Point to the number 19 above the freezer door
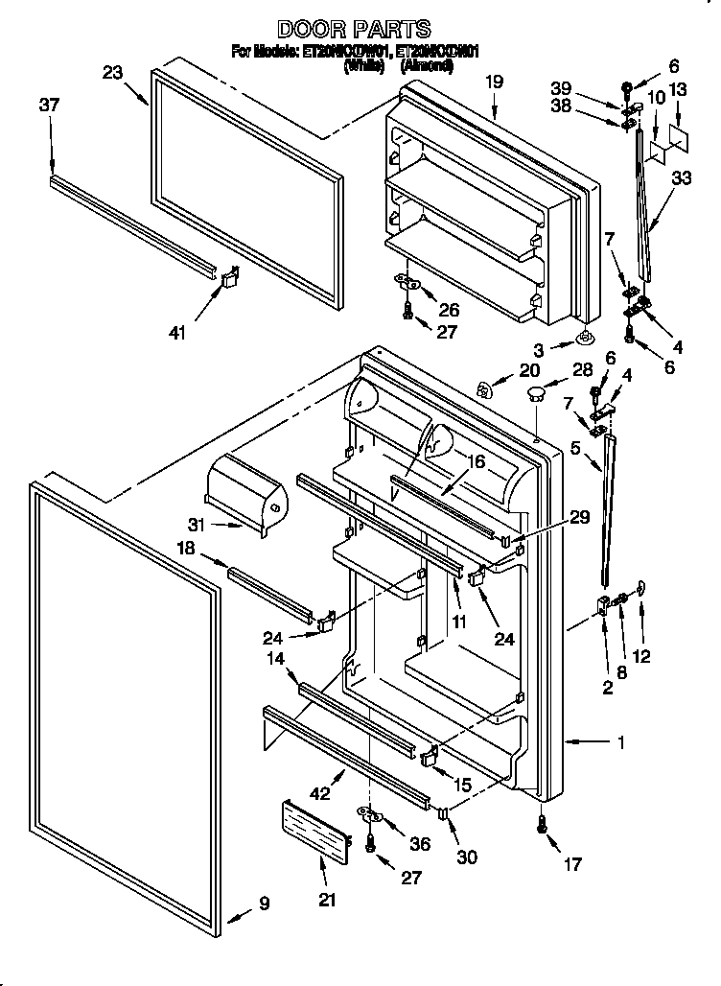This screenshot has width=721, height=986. [493, 82]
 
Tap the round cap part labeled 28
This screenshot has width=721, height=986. [535, 392]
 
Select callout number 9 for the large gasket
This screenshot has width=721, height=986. [264, 903]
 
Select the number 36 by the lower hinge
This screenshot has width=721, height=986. [419, 844]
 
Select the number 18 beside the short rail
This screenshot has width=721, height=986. [186, 548]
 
